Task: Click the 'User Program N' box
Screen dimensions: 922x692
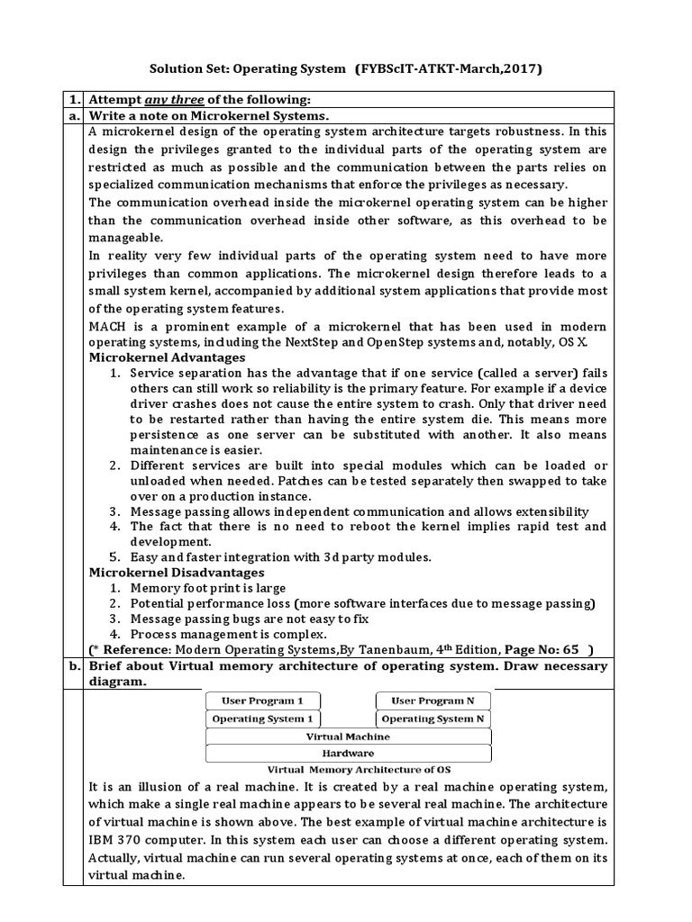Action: pos(433,700)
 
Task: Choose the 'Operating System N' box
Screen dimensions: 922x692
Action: pos(433,719)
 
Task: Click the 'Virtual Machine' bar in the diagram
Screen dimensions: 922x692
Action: pos(348,736)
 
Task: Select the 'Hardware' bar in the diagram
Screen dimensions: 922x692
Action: pos(348,753)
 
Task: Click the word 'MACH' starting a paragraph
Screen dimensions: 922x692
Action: pos(109,326)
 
